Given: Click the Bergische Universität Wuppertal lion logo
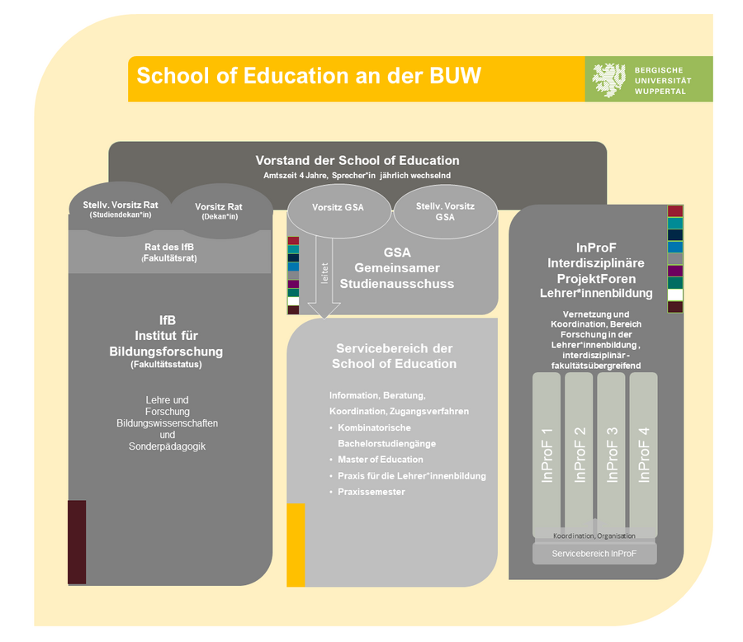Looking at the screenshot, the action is pyautogui.click(x=609, y=80).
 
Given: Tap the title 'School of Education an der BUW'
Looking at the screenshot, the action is pyautogui.click(x=309, y=76).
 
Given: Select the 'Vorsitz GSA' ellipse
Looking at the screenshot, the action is pyautogui.click(x=339, y=211).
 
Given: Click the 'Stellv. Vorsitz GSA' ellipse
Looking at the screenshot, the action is pyautogui.click(x=446, y=212).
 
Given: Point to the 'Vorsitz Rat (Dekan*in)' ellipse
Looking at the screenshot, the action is pyautogui.click(x=220, y=211).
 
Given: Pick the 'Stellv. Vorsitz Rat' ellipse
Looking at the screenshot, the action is pyautogui.click(x=121, y=209).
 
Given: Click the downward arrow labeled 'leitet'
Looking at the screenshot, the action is pyautogui.click(x=324, y=277).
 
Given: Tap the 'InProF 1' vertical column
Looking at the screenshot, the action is pyautogui.click(x=547, y=456).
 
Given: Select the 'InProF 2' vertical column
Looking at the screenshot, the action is pyautogui.click(x=579, y=456).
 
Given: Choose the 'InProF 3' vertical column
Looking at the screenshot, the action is pyautogui.click(x=611, y=456).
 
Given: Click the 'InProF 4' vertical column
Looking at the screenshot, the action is pyautogui.click(x=643, y=456).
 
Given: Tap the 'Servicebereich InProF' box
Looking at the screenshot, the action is pyautogui.click(x=594, y=554).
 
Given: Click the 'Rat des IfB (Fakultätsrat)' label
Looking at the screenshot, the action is pyautogui.click(x=169, y=253).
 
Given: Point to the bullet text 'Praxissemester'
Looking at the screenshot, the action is pyautogui.click(x=371, y=492).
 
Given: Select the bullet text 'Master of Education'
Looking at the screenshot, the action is pyautogui.click(x=380, y=460).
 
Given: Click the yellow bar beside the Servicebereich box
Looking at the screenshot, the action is pyautogui.click(x=296, y=545).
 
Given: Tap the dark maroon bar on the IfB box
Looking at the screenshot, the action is pyautogui.click(x=77, y=542).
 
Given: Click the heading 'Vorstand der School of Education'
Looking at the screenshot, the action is pyautogui.click(x=357, y=161).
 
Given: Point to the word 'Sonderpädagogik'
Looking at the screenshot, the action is pyautogui.click(x=167, y=446).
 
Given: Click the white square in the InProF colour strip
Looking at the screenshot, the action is pyautogui.click(x=675, y=295).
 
